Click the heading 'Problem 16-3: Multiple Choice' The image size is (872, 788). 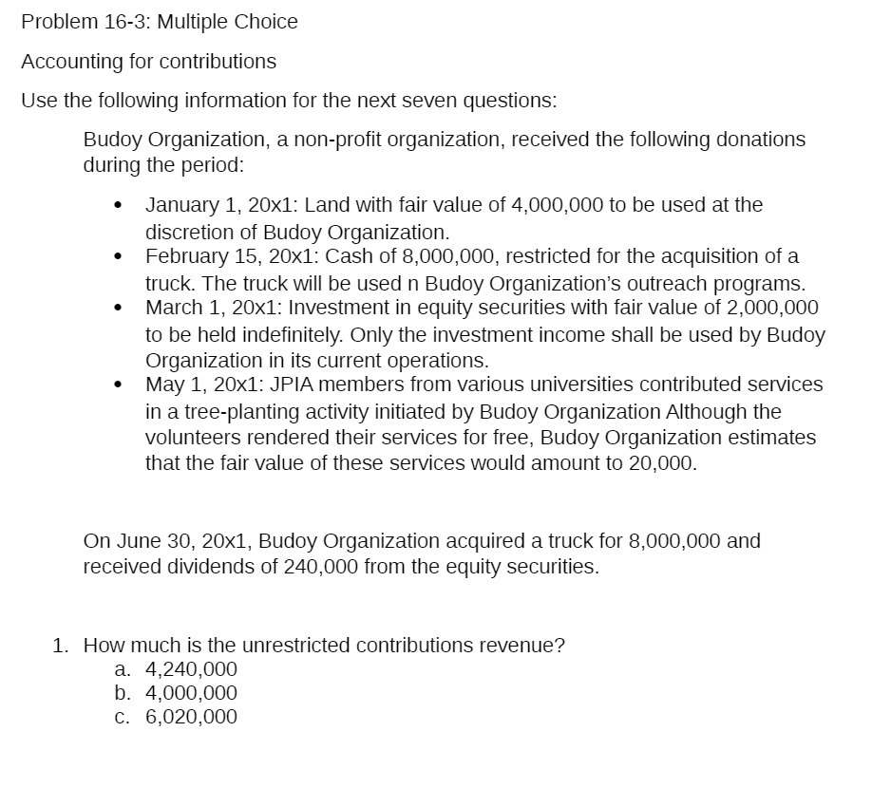159,22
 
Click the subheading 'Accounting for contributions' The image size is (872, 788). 148,62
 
